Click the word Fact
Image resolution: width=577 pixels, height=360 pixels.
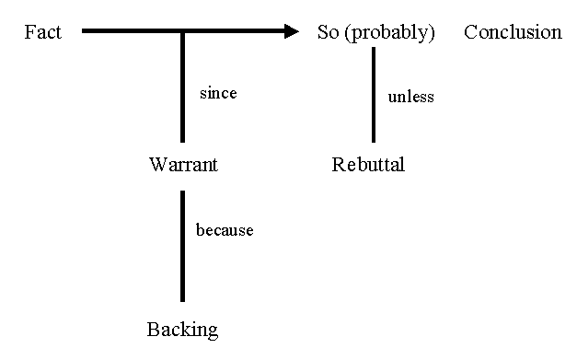pyautogui.click(x=42, y=32)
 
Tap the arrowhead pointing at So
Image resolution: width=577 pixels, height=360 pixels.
pyautogui.click(x=292, y=32)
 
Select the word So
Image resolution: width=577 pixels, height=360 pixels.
pyautogui.click(x=328, y=32)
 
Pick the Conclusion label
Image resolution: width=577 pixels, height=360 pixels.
pyautogui.click(x=513, y=32)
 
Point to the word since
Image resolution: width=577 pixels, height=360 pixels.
pyautogui.click(x=218, y=93)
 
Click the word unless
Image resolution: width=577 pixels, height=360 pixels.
pyautogui.click(x=410, y=96)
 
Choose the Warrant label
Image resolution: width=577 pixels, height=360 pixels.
pyautogui.click(x=183, y=165)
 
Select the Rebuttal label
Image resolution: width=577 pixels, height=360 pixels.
pyautogui.click(x=368, y=165)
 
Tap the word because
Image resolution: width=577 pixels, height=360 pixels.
pyautogui.click(x=225, y=229)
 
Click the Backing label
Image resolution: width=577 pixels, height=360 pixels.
pyautogui.click(x=182, y=329)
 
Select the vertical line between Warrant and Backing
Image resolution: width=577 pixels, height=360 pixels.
pyautogui.click(x=183, y=246)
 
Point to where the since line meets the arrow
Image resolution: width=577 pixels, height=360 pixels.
pyautogui.click(x=183, y=32)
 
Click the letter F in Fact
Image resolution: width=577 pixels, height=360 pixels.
pyautogui.click(x=29, y=32)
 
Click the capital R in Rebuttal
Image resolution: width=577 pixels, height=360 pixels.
pyautogui.click(x=338, y=165)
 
